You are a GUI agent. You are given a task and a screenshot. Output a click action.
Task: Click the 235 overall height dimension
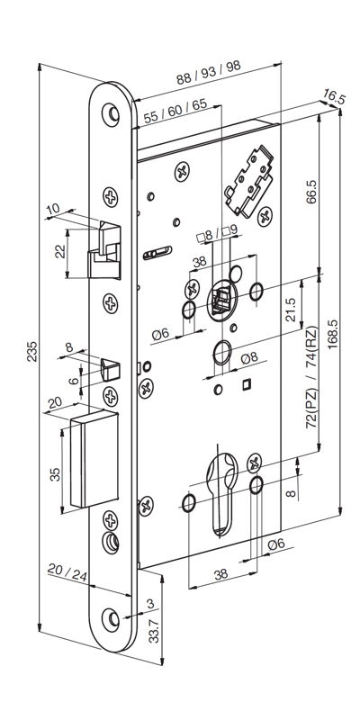point(32,351)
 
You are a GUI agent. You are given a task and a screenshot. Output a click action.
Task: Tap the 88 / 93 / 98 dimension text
point(209,73)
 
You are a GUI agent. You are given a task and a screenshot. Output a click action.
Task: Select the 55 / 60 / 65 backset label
point(175,111)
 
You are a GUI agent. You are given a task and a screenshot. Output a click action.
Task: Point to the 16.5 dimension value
point(334,97)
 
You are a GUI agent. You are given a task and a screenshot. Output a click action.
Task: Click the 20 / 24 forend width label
point(67,572)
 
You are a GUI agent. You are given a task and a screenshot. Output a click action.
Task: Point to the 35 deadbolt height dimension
point(55,474)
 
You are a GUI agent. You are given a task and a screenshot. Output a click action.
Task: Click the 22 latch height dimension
point(60,252)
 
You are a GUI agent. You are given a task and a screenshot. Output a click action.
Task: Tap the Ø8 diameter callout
point(249,358)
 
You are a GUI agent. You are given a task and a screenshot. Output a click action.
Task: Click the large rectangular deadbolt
point(94,458)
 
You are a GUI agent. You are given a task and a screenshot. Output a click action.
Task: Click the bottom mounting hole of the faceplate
point(111,620)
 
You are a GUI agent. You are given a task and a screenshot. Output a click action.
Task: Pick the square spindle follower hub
point(221,300)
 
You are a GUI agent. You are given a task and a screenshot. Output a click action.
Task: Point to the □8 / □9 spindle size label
point(217,234)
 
